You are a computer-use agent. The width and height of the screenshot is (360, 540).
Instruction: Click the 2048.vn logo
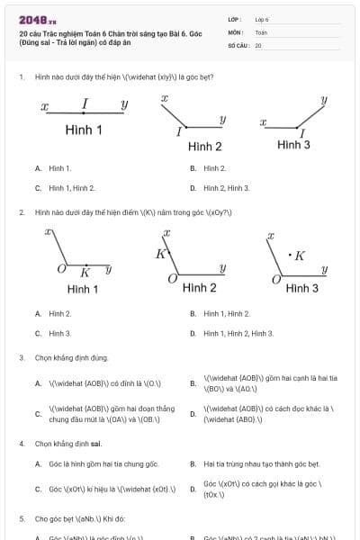(38, 19)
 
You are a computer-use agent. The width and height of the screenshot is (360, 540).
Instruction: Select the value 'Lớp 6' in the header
(262, 19)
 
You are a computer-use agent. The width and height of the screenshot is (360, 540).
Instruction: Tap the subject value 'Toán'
(261, 31)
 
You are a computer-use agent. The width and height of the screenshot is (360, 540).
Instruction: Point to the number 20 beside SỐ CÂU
(258, 44)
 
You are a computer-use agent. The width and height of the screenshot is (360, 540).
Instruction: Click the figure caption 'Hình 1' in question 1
(84, 130)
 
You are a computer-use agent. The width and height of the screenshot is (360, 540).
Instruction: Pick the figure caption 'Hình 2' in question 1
(205, 146)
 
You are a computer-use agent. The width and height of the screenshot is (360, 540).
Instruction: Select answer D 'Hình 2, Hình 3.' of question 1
(227, 188)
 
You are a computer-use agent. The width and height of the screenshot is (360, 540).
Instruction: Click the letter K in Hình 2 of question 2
(161, 254)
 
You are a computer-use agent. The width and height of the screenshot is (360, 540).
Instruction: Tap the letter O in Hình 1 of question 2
(62, 269)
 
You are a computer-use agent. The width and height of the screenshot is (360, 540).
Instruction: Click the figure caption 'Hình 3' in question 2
(301, 288)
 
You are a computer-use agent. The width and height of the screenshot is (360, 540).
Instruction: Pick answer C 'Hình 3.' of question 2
(60, 333)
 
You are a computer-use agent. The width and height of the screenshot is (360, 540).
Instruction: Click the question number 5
(21, 519)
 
